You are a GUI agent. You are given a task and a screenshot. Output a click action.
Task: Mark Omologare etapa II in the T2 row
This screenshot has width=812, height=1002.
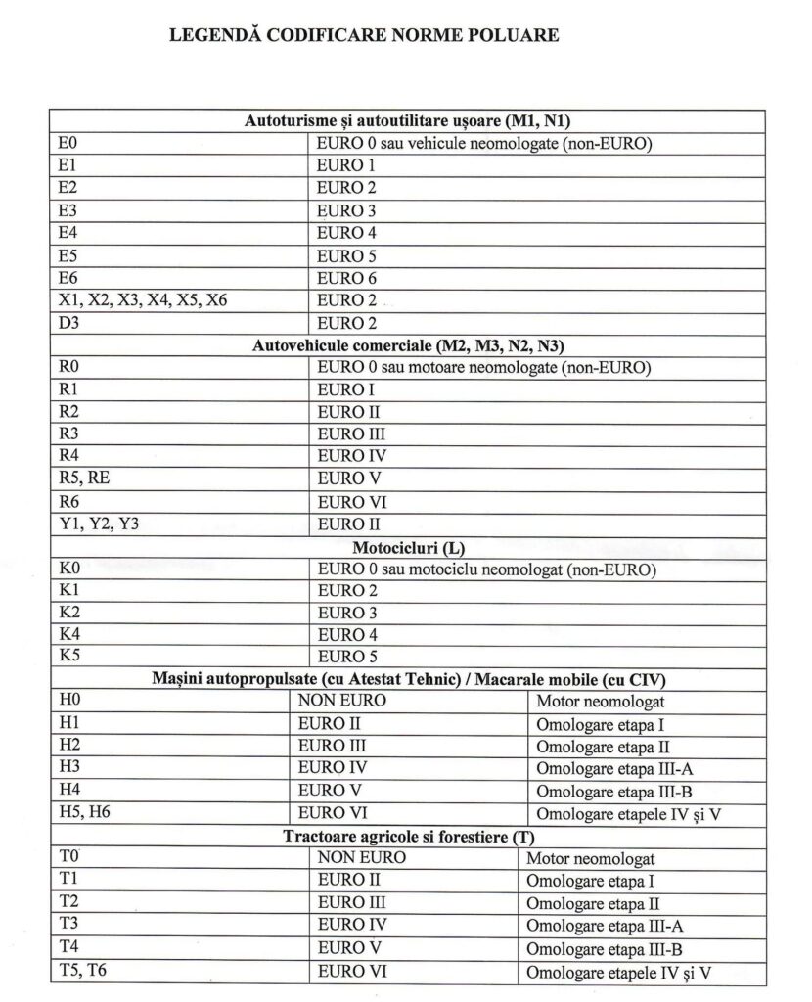(593, 904)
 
